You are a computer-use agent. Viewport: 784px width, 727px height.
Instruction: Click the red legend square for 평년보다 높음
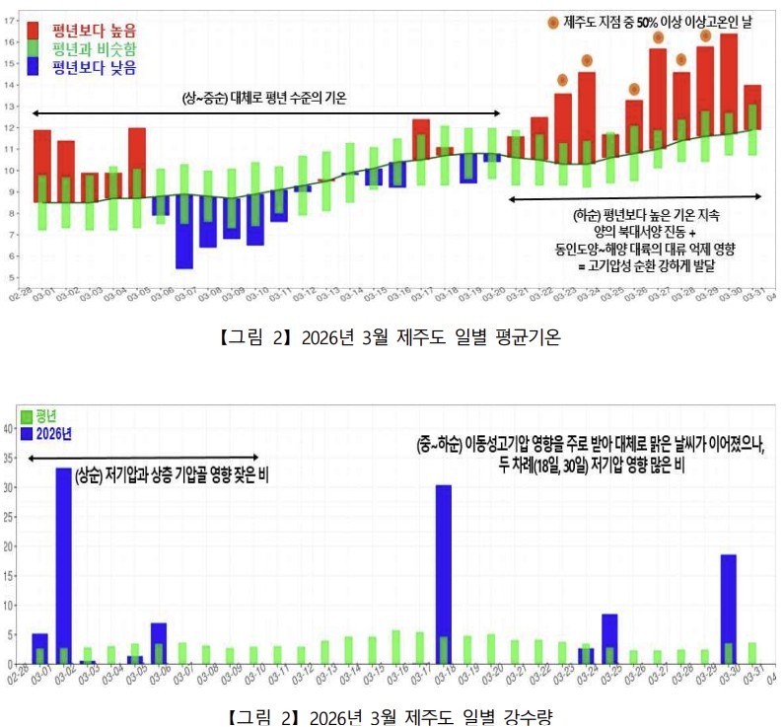coord(34,29)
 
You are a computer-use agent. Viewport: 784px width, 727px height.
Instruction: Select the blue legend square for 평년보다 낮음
coord(34,67)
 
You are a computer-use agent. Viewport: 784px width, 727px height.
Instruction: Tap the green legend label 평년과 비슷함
coord(94,48)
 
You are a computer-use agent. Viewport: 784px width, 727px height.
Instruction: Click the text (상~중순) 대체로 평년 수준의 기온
coord(264,98)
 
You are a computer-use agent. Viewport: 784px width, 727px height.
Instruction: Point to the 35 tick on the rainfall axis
coord(9,458)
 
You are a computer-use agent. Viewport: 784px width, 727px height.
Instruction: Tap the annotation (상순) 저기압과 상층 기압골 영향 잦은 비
coord(172,474)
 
